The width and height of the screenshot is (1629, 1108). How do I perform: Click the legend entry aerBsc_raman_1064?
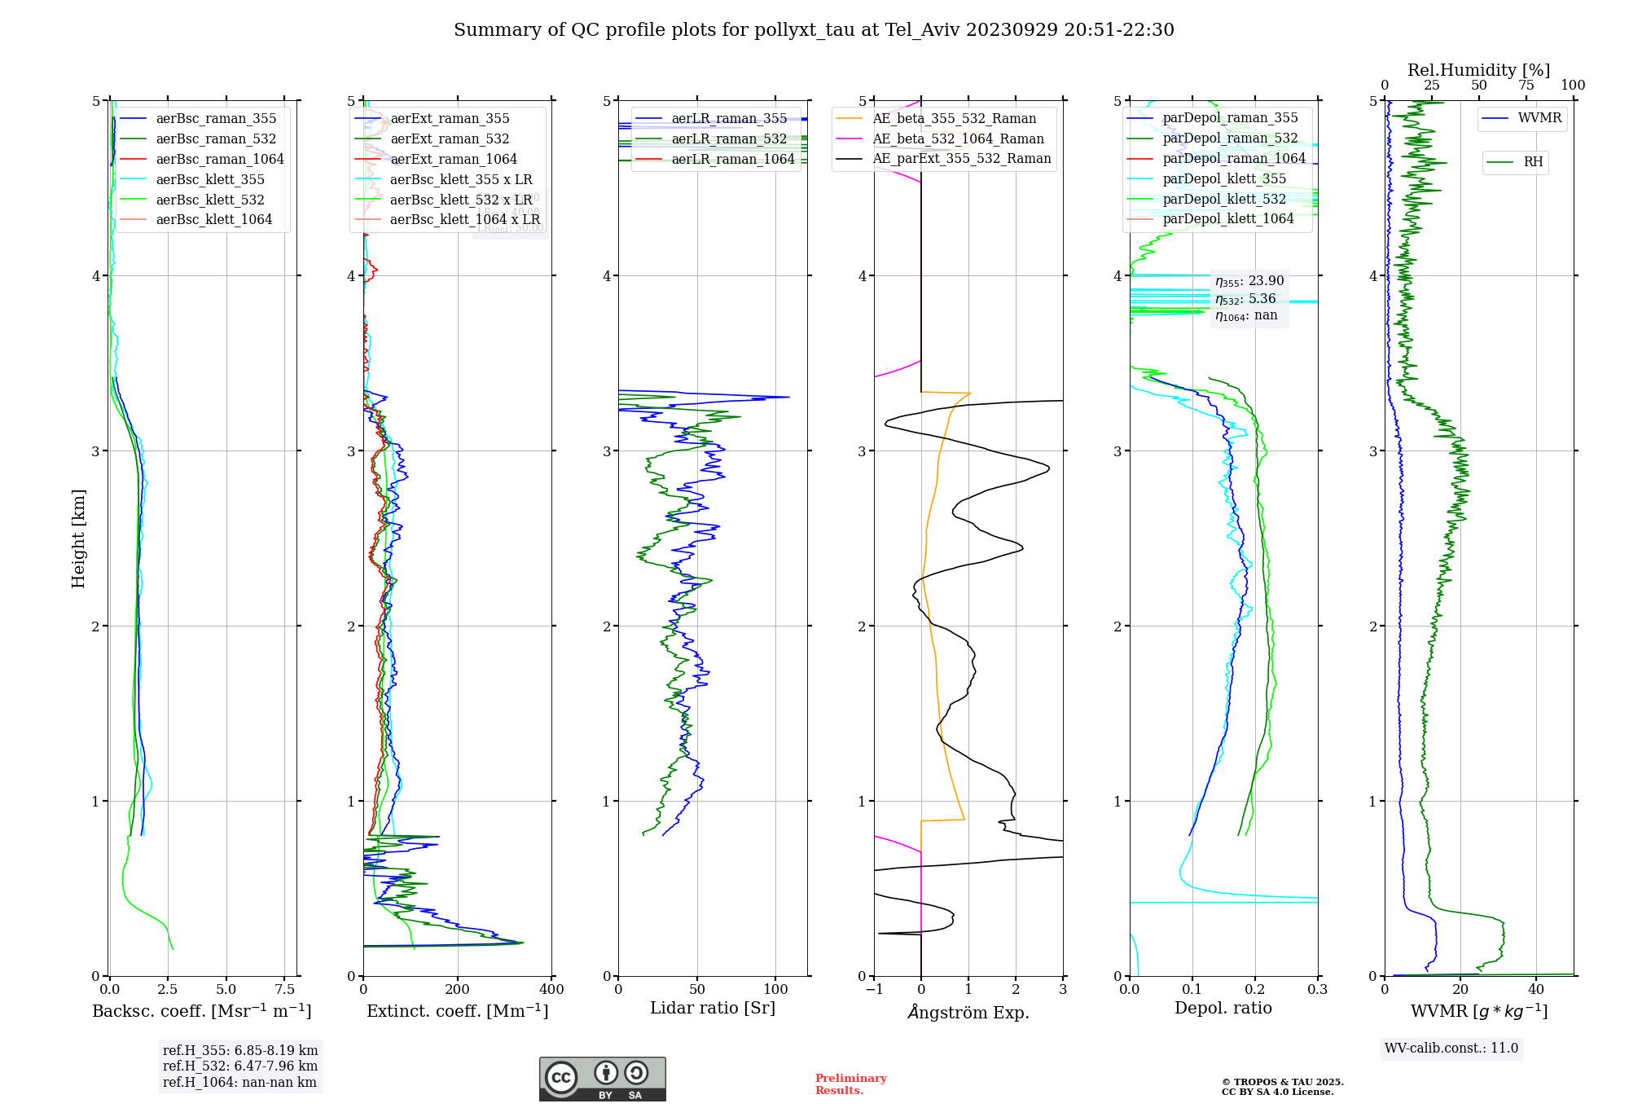tap(220, 159)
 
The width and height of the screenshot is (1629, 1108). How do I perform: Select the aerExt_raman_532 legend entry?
tap(450, 138)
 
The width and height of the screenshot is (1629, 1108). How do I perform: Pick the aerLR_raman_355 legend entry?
tap(729, 119)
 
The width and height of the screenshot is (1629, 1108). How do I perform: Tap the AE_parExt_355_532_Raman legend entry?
tap(961, 159)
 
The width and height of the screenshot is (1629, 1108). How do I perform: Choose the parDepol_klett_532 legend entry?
tap(1223, 199)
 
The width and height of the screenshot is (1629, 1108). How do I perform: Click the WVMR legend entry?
tap(1539, 118)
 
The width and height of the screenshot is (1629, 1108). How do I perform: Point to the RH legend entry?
tap(1533, 162)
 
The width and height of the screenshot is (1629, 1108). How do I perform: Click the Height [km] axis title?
tap(78, 539)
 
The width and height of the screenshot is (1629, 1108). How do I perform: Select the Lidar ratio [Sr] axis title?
tap(713, 1009)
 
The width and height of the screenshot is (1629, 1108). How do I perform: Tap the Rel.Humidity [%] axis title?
tap(1478, 70)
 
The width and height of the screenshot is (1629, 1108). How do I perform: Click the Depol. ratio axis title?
tap(1223, 1009)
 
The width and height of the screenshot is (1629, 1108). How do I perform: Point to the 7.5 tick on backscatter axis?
tap(285, 990)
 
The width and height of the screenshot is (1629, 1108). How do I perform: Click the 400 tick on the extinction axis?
tap(552, 990)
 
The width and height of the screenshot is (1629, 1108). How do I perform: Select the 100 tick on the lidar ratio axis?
tap(775, 990)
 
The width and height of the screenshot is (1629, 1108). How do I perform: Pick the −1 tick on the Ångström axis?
tap(874, 990)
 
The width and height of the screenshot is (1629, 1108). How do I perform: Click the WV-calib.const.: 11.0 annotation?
tap(1451, 1049)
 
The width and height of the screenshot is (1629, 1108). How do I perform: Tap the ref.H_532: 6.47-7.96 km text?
tap(240, 1066)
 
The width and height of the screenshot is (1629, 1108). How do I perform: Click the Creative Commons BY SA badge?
tap(602, 1079)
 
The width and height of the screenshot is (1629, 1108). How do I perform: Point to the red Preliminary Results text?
tap(850, 1084)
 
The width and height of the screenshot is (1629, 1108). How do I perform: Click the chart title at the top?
tap(814, 30)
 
